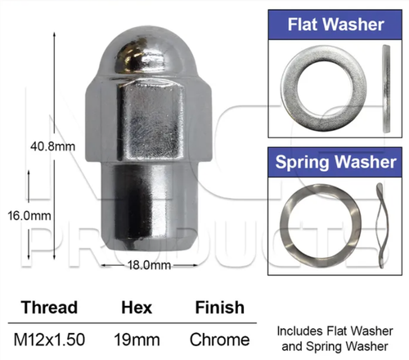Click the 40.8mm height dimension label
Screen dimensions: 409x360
click(x=52, y=146)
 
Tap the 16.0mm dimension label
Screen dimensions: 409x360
click(x=29, y=216)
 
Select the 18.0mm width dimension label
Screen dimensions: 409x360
click(x=149, y=265)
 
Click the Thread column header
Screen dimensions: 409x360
click(x=49, y=307)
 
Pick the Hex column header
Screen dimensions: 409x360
click(x=137, y=308)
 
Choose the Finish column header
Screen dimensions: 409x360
click(x=220, y=308)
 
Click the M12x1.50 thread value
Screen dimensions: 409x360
click(x=49, y=340)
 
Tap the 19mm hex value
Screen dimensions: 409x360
click(x=137, y=340)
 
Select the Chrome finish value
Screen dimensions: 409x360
click(x=220, y=340)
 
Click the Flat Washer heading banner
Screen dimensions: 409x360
click(x=335, y=25)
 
